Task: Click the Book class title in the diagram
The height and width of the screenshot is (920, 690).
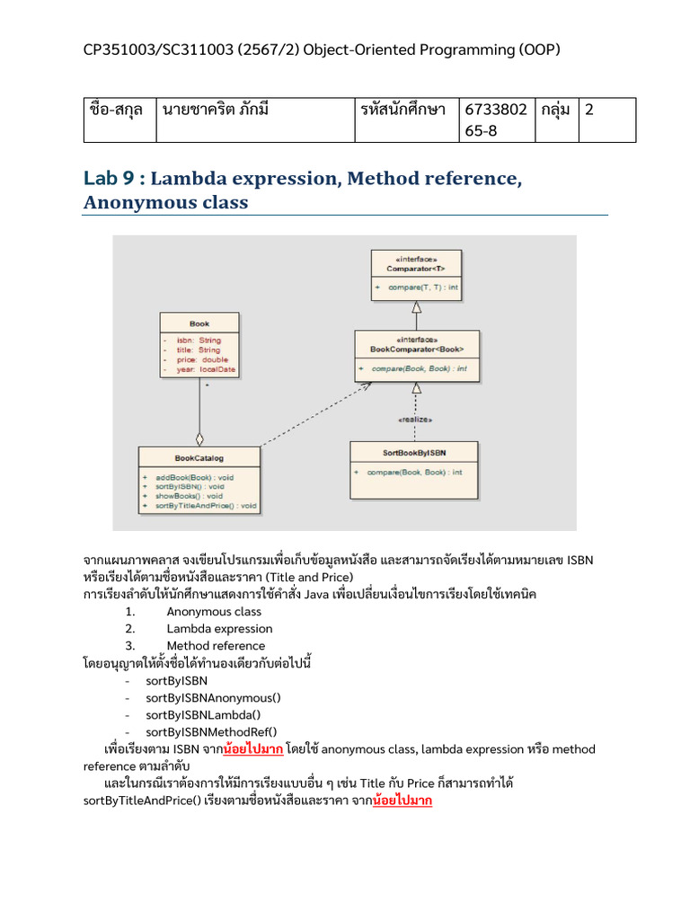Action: tap(199, 323)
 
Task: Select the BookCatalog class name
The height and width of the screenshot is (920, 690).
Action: tap(199, 457)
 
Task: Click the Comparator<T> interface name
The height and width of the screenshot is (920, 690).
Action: tap(416, 268)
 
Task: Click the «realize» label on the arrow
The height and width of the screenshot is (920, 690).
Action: tap(416, 420)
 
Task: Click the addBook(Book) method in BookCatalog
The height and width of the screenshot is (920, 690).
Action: tap(194, 477)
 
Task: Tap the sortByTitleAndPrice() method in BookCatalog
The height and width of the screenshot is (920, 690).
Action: tap(206, 506)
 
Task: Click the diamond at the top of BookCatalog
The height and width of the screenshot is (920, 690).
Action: tap(199, 439)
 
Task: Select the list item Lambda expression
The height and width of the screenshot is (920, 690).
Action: tap(219, 629)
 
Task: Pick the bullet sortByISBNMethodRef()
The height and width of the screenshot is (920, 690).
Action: tap(211, 732)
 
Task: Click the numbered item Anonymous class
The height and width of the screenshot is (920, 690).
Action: tap(214, 612)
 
